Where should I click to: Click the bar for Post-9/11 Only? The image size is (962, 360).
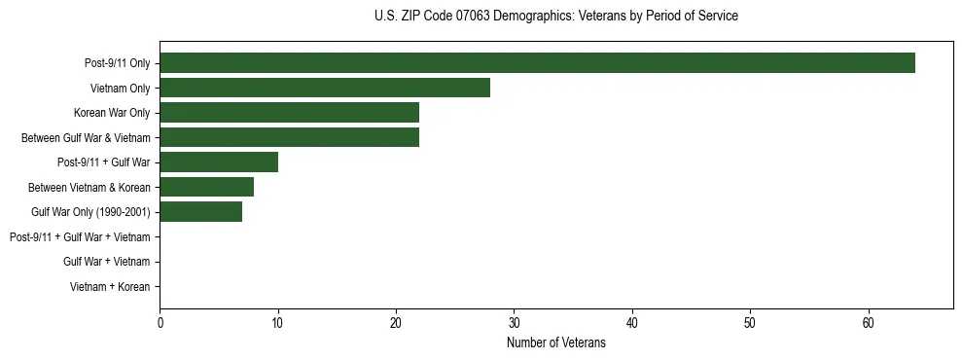click(x=537, y=63)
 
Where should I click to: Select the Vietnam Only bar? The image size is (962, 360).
click(x=325, y=88)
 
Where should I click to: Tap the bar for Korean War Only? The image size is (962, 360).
click(x=289, y=113)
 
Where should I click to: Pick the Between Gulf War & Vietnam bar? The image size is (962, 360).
click(x=289, y=137)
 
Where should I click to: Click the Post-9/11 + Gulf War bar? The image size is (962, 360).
click(x=219, y=162)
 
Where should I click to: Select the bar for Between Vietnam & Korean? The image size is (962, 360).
click(x=206, y=187)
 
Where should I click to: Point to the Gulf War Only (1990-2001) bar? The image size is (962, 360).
click(x=200, y=212)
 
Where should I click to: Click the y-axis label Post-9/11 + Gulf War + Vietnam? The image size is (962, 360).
click(x=80, y=237)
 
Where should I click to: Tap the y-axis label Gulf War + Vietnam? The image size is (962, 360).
click(x=107, y=262)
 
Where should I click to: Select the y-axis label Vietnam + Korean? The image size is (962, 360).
click(x=110, y=287)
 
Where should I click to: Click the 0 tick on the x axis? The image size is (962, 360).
click(x=160, y=322)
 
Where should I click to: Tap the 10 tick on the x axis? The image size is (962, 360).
click(x=278, y=322)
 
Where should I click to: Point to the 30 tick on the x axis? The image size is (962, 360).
click(x=514, y=322)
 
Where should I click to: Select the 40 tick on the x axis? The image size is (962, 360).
click(x=632, y=322)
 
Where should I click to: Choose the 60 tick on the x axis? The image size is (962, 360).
click(x=869, y=322)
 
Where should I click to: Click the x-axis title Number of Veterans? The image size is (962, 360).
click(x=556, y=343)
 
